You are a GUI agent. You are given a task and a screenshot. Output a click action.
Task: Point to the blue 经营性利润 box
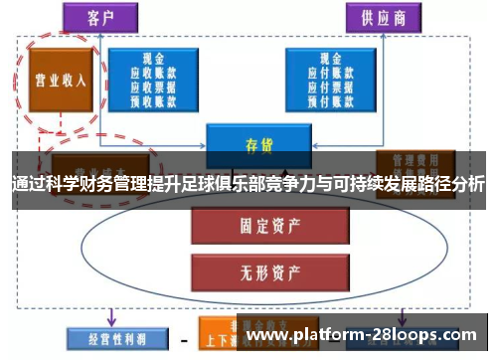108,338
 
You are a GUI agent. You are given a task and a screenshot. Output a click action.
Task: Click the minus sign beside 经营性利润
182,338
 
